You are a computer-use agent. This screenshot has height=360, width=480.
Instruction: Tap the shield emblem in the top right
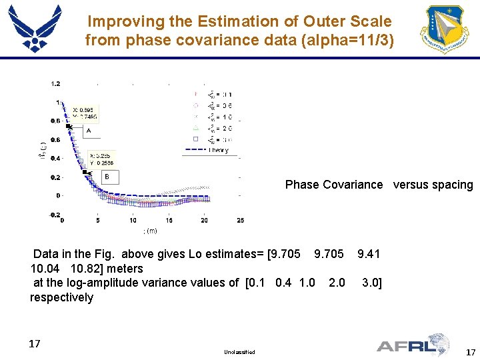click(x=445, y=29)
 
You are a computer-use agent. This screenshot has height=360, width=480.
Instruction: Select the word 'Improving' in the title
click(x=126, y=22)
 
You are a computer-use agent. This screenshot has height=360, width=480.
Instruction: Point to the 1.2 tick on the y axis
click(x=55, y=84)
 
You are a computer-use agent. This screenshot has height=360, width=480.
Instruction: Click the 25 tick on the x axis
click(x=240, y=221)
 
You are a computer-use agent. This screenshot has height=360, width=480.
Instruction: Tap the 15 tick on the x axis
click(x=169, y=221)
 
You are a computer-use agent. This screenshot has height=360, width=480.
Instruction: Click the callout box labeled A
click(x=89, y=131)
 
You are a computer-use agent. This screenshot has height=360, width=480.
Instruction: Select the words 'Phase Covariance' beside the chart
click(x=334, y=185)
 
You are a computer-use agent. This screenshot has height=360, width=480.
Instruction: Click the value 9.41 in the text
click(x=369, y=253)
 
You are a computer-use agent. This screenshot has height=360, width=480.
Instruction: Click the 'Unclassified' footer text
click(x=240, y=351)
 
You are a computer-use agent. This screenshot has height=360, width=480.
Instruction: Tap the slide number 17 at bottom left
click(x=35, y=344)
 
